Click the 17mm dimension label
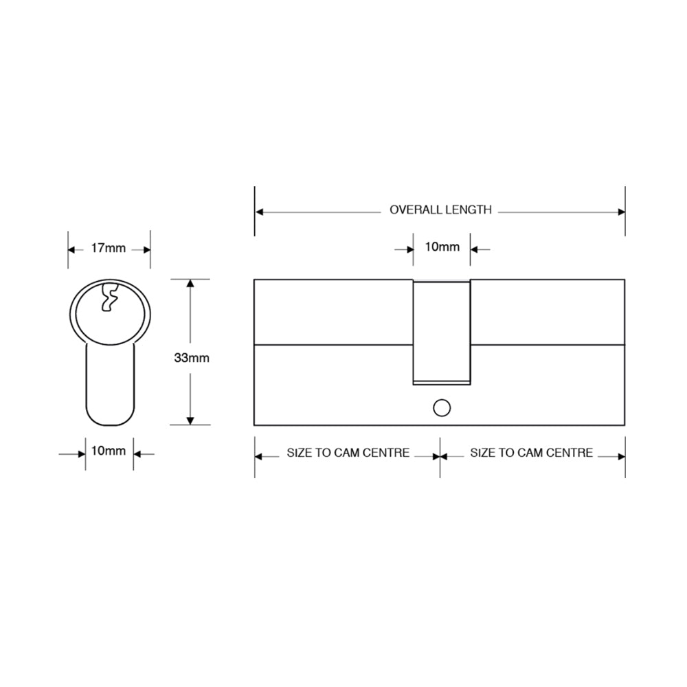109,248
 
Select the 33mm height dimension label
192,358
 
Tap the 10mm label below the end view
109,451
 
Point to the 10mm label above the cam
442,247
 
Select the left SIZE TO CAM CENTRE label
348,453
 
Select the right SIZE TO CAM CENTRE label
531,453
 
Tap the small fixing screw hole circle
441,408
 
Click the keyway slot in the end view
108,297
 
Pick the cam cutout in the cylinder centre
441,330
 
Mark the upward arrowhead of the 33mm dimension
190,284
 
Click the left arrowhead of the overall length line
259,212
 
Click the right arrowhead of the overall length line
621,212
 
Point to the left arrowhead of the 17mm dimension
71,248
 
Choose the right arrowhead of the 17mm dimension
146,248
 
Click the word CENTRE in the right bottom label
572,453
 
